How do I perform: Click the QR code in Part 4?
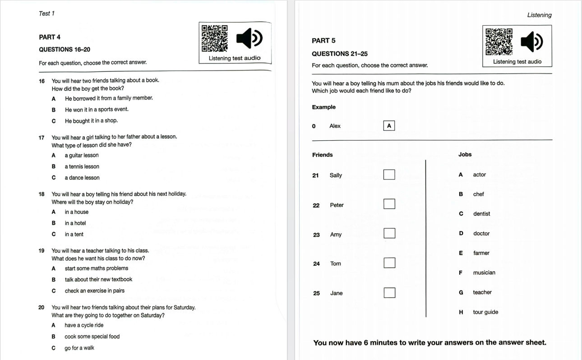click(215, 38)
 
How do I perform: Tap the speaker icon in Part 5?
click(532, 42)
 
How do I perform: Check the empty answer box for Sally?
click(389, 175)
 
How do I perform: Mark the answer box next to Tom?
click(389, 263)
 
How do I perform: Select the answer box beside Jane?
click(389, 293)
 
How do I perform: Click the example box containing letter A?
click(389, 126)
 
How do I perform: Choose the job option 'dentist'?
click(481, 214)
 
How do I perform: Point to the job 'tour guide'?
click(485, 312)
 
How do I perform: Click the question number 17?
click(42, 138)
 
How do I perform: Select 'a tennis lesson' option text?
click(82, 166)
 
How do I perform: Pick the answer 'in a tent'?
click(74, 234)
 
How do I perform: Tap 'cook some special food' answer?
click(92, 337)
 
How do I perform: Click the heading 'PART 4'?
click(50, 37)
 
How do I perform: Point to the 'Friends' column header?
click(322, 155)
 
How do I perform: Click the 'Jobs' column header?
click(465, 154)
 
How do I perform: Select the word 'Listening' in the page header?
click(540, 15)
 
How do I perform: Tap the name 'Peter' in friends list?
click(337, 205)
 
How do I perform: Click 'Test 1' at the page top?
click(47, 14)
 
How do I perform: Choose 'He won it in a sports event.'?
click(97, 110)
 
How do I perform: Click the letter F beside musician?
click(460, 273)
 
